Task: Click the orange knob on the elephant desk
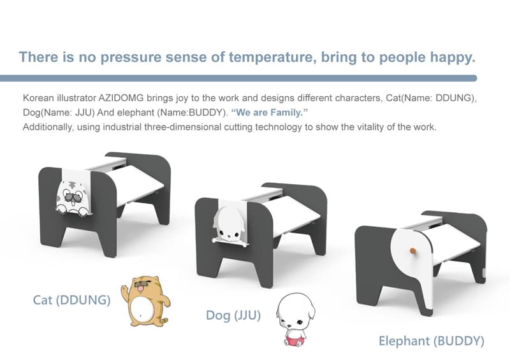pyautogui.click(x=412, y=251)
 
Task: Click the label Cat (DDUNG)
pyautogui.click(x=72, y=300)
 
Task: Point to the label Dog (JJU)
pyautogui.click(x=233, y=315)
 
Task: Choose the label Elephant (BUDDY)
pyautogui.click(x=432, y=341)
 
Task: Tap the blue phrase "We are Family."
pyautogui.click(x=269, y=113)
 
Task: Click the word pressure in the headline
pyautogui.click(x=131, y=57)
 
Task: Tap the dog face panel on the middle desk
pyautogui.click(x=230, y=223)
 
